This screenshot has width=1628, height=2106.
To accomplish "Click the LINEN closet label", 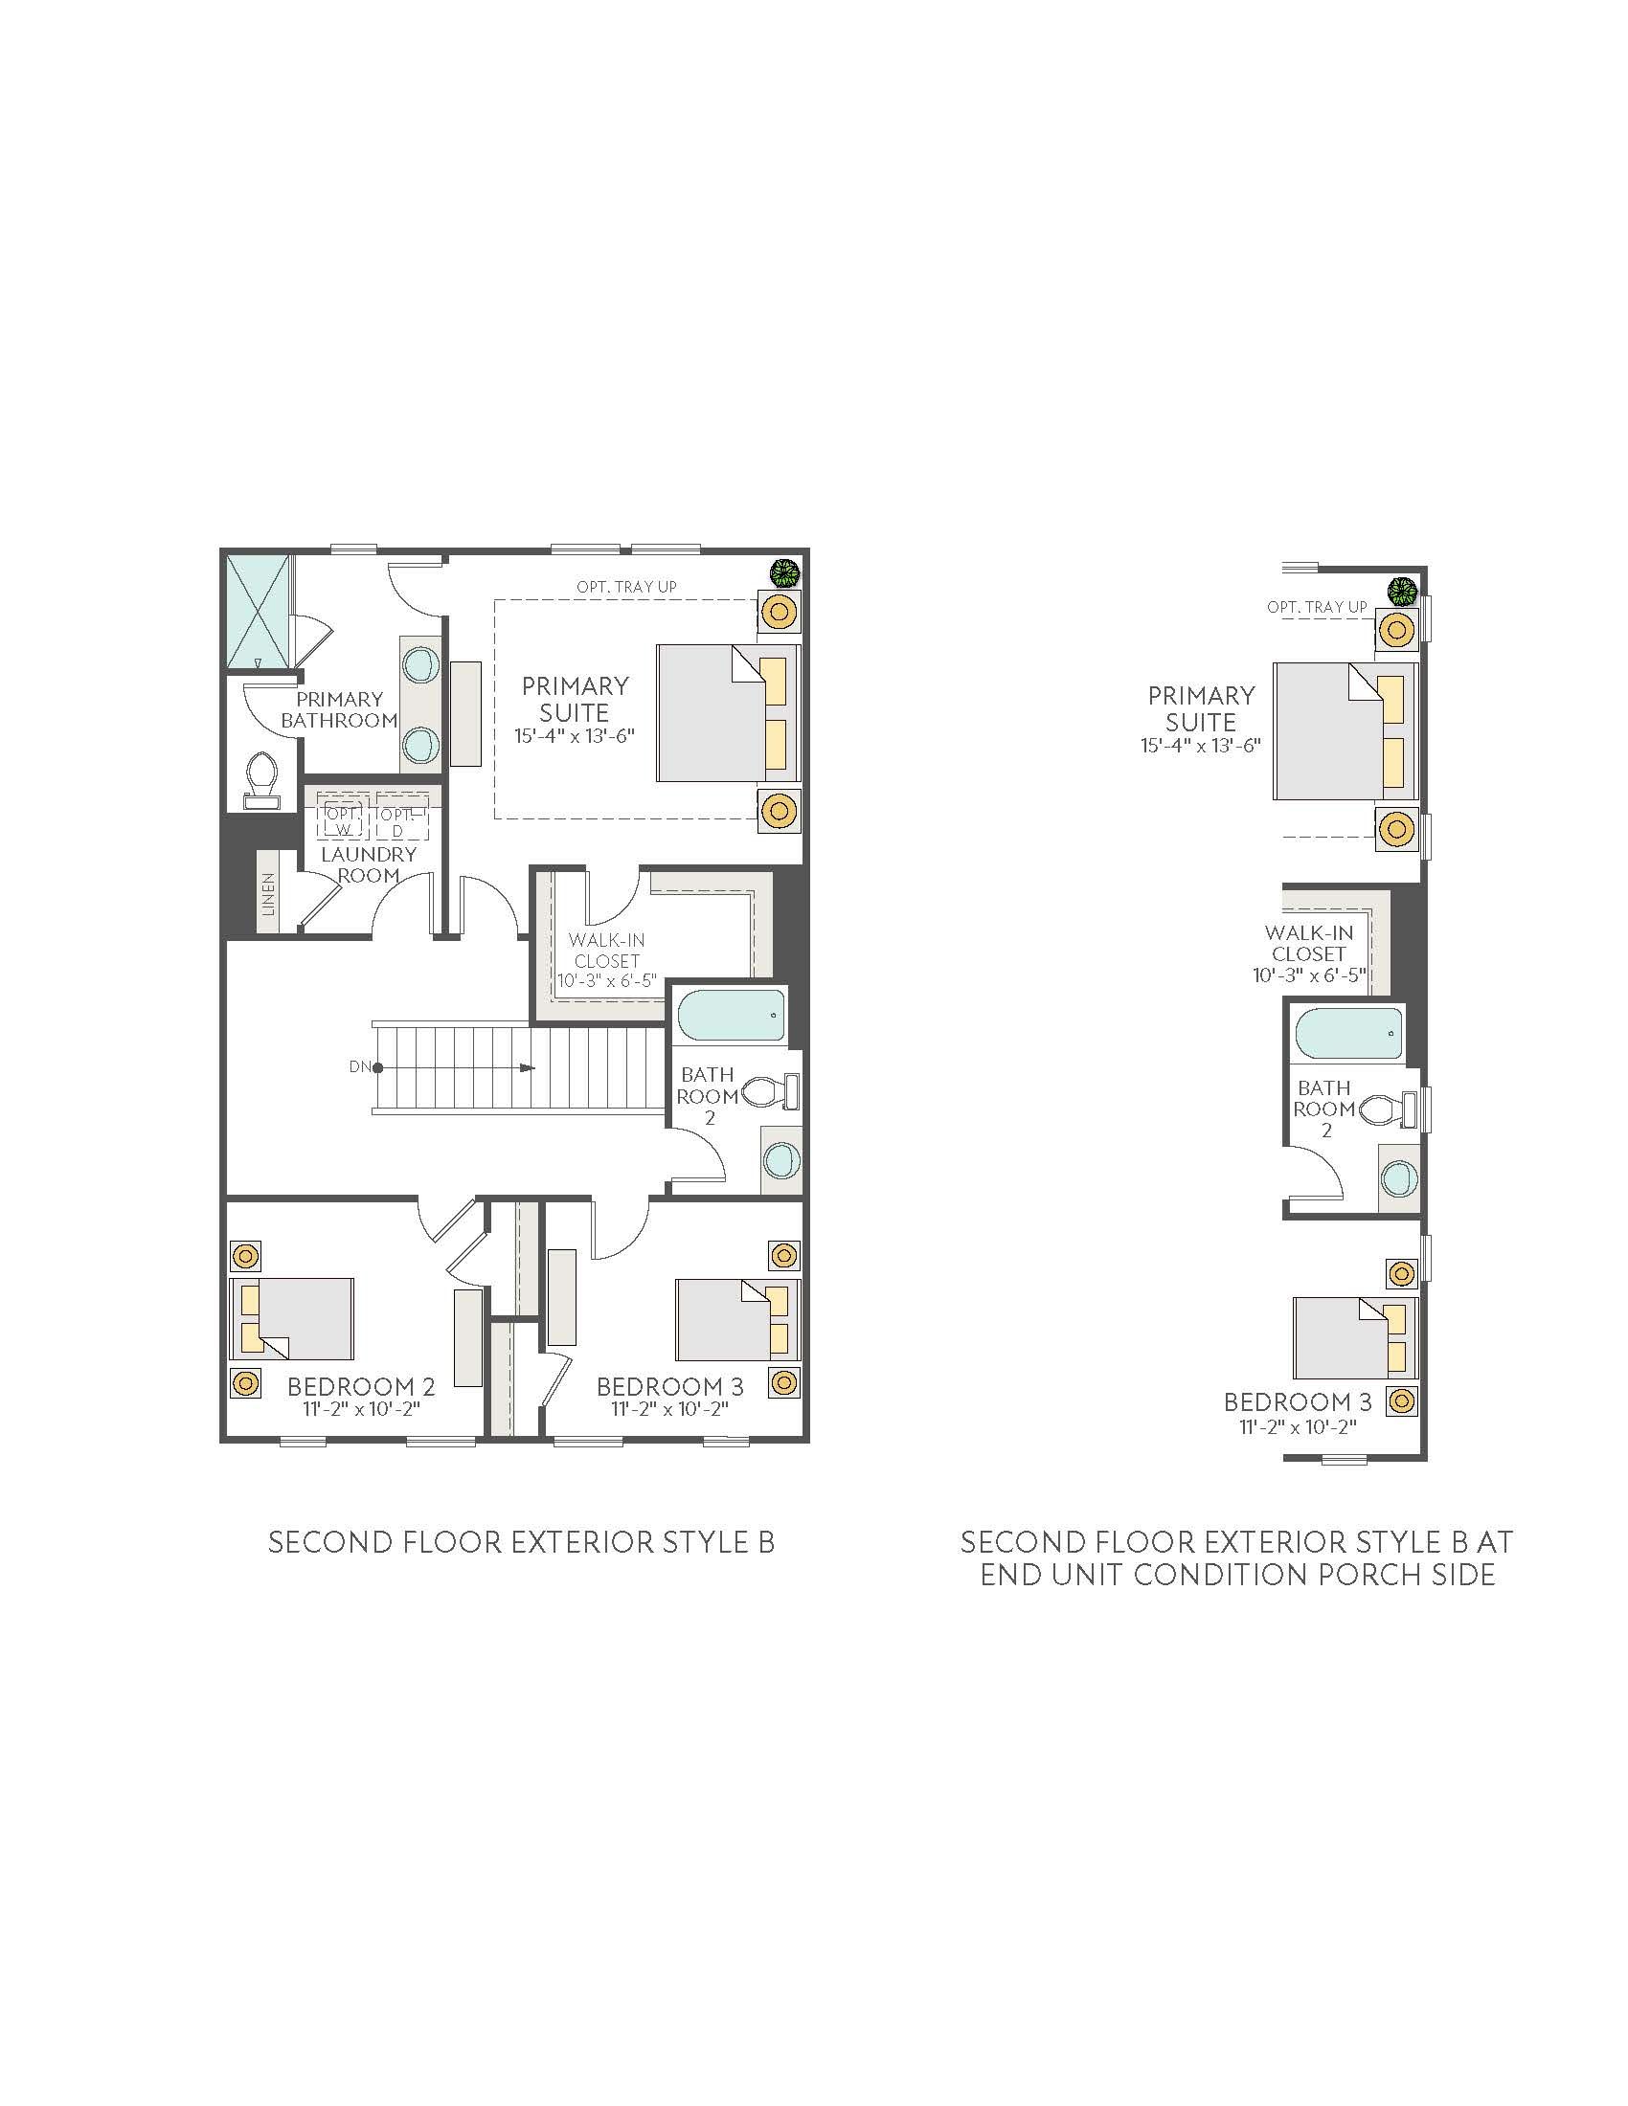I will [x=268, y=894].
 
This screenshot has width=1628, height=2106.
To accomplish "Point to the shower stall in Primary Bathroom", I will [x=258, y=613].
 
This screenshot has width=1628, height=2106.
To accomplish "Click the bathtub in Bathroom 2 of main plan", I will [x=731, y=1016].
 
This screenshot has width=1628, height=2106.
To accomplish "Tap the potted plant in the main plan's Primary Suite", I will [x=785, y=572].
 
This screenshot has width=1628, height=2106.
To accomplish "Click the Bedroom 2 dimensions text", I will [x=362, y=1409].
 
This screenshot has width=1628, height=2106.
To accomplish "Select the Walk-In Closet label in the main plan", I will [x=605, y=950].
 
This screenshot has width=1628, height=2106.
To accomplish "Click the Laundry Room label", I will [x=369, y=865].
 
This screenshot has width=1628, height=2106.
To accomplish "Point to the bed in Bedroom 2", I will [x=292, y=1319].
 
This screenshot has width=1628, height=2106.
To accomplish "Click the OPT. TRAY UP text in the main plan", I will [x=626, y=586].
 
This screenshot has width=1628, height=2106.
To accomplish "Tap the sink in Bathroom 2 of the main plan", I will [x=780, y=1160].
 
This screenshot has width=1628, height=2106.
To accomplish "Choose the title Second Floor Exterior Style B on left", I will [x=521, y=1542].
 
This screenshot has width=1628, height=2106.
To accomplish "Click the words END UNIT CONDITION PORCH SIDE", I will [x=1237, y=1575].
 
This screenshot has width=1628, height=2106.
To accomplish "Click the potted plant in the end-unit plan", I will [x=1401, y=588].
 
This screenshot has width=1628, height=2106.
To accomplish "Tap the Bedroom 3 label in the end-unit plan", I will [x=1298, y=1402].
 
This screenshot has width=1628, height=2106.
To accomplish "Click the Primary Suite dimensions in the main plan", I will [x=574, y=736].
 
